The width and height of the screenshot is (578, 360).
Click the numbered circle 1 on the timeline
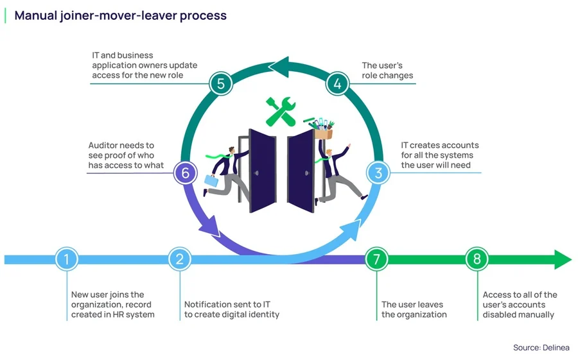click(x=67, y=259)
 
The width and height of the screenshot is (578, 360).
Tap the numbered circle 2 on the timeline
click(x=180, y=259)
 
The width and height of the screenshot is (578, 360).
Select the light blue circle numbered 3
click(x=378, y=173)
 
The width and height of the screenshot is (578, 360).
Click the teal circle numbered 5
click(x=220, y=83)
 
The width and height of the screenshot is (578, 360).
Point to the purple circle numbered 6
click(x=186, y=173)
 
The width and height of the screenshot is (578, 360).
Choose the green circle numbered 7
click(x=377, y=259)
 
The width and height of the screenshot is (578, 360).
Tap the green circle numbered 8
click(x=477, y=259)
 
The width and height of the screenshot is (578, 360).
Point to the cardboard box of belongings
click(x=324, y=133)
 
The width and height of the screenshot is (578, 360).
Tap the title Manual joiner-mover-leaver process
click(x=121, y=15)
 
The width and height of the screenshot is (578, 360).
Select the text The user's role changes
click(x=387, y=71)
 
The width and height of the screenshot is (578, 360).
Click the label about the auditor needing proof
click(x=126, y=155)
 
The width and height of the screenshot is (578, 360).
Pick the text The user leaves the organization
click(x=412, y=309)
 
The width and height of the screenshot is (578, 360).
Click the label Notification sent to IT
click(x=232, y=309)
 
